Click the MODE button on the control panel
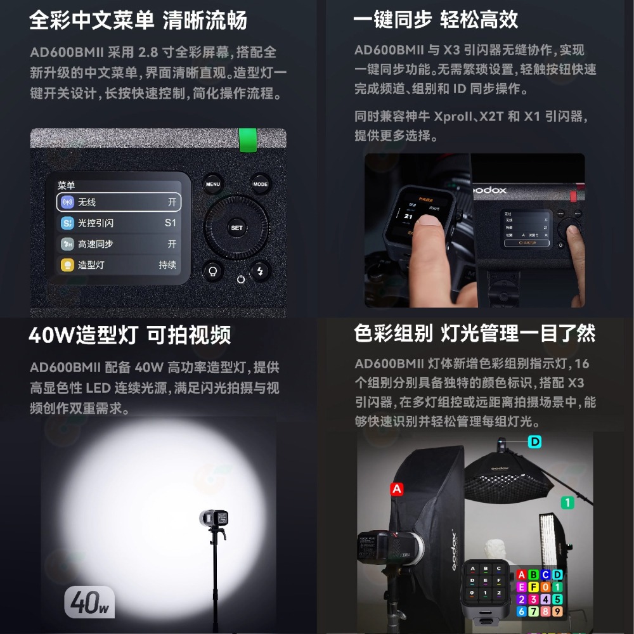click(260, 184)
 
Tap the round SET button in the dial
click(236, 228)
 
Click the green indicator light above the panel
click(248, 140)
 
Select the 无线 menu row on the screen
click(119, 202)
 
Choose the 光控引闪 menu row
click(119, 223)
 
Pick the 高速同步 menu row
click(119, 244)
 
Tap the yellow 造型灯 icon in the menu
click(67, 265)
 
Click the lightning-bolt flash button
click(260, 271)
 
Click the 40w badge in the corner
click(89, 603)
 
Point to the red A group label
click(398, 489)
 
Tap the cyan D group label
click(535, 441)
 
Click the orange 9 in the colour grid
click(557, 612)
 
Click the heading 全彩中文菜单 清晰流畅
click(138, 20)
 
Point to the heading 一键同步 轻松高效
click(436, 20)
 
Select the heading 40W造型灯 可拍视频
click(130, 335)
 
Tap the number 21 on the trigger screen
click(409, 217)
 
